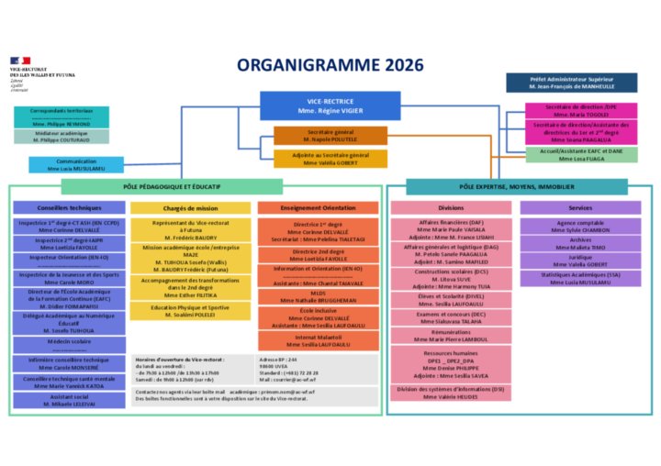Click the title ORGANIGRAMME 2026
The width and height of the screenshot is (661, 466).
coord(330,65)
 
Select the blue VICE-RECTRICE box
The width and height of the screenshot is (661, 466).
coord(330,105)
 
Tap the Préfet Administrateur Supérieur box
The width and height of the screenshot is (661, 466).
coord(571,83)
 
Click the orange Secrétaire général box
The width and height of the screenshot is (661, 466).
coord(330,136)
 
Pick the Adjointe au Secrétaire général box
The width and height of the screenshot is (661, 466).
coord(330,159)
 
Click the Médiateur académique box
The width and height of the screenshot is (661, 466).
coord(62,137)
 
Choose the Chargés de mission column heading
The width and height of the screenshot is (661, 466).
coord(190,208)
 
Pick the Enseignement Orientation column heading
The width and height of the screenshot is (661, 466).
coord(318,208)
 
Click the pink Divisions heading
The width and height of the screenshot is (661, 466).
coord(451,208)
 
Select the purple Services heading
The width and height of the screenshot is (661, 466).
coord(579,208)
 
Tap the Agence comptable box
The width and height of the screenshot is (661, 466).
coord(579,226)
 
